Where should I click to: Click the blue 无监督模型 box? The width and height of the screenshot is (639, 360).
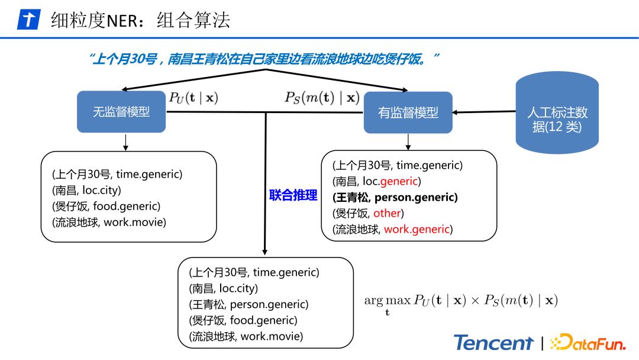pos(121,112)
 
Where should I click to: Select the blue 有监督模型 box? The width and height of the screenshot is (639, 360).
pos(408,112)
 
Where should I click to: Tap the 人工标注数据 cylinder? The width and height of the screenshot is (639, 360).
pos(557,119)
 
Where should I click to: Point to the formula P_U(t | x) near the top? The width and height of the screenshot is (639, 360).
pos(193,98)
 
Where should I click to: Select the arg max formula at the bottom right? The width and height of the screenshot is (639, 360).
pos(461,301)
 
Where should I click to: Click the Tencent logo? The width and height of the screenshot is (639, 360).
pos(493,342)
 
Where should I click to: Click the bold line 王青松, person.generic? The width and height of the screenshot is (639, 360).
pos(395,197)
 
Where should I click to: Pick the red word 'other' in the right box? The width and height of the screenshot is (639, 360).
pos(387,213)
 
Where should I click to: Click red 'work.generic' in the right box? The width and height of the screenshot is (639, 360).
pos(417,229)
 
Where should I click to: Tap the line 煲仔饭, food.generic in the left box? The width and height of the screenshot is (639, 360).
pos(106,206)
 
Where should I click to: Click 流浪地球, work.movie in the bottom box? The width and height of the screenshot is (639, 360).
pos(246,336)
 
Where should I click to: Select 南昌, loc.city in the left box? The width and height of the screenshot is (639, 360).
pos(86,190)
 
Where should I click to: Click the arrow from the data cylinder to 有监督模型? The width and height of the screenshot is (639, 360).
pos(484,112)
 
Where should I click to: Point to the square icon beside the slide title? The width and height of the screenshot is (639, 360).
pos(28,21)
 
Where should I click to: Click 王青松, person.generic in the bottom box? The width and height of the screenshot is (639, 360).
pos(248,304)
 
